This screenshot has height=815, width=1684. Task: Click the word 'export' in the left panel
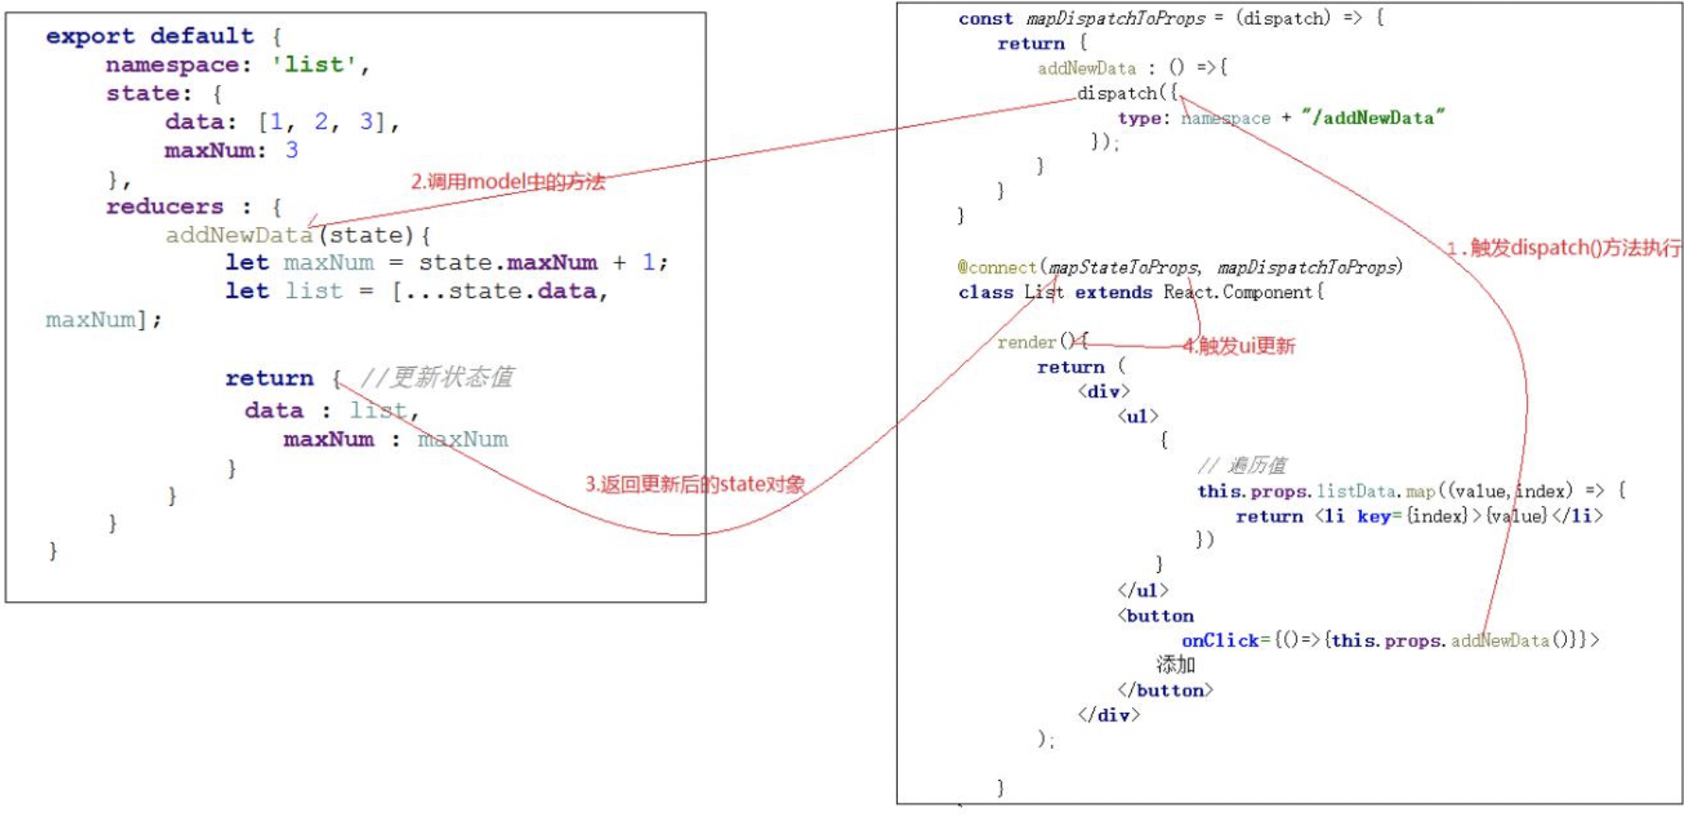tap(90, 36)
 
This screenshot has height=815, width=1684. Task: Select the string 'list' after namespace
tap(314, 64)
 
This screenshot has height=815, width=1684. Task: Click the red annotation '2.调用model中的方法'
tap(507, 182)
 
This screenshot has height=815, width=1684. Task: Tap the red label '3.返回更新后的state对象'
tap(695, 484)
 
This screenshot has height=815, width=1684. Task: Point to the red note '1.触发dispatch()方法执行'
tap(1563, 248)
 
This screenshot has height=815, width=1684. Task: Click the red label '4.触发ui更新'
tap(1239, 346)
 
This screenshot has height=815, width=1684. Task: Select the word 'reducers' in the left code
tap(164, 206)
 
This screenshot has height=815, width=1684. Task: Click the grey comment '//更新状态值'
tap(438, 377)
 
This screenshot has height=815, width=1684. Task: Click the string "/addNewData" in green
tap(1372, 117)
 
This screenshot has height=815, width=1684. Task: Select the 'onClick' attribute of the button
tap(1220, 640)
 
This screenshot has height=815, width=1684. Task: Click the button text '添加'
tap(1176, 665)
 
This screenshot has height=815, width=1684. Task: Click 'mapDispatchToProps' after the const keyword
tap(1115, 18)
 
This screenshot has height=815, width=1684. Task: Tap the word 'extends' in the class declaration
tap(1113, 292)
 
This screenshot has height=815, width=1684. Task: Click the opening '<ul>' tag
tap(1138, 416)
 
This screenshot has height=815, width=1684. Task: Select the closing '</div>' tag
tap(1108, 715)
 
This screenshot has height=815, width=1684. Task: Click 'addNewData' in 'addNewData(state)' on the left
tap(238, 234)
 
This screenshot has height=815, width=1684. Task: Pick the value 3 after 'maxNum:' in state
tap(292, 149)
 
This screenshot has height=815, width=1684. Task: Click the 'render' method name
tap(1026, 341)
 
